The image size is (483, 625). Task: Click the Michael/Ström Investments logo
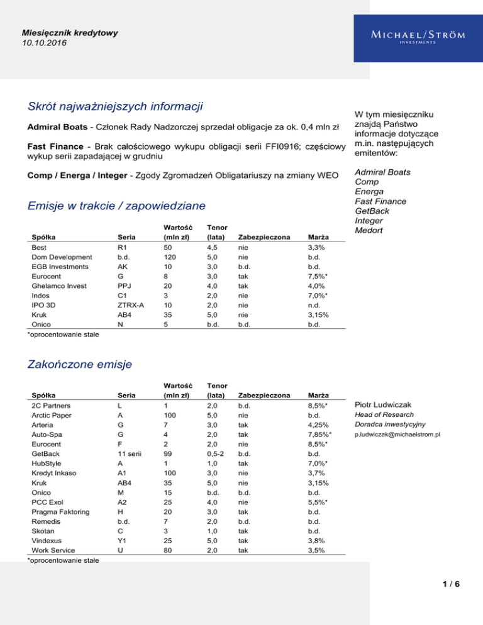[x=409, y=36]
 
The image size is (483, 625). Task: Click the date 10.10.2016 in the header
[x=44, y=43]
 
